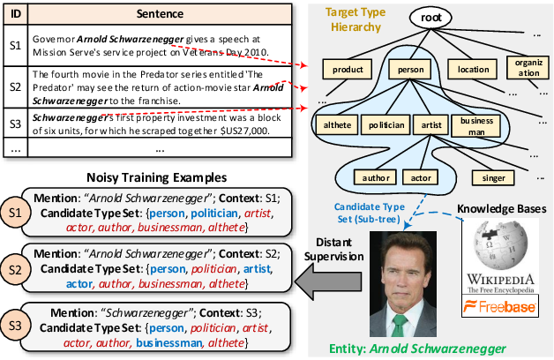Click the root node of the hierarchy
[430, 18]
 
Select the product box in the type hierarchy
[348, 69]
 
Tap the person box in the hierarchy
[410, 69]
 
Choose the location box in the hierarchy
[473, 69]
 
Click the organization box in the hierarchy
[528, 67]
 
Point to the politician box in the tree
[386, 124]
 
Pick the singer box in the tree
[493, 178]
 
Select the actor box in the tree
[421, 177]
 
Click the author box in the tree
[375, 177]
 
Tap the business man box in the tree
[475, 126]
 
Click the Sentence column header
[160, 14]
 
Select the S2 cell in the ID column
[16, 86]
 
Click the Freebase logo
[500, 306]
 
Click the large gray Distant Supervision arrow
[328, 282]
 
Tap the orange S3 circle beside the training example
[15, 326]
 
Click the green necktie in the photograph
[399, 326]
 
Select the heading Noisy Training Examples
[156, 177]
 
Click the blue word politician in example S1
[214, 214]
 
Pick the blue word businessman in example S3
[168, 342]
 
